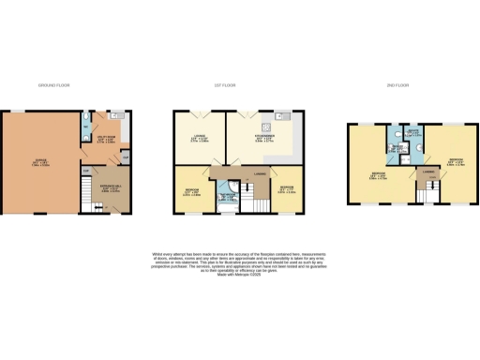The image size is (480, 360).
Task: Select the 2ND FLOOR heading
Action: [397, 85]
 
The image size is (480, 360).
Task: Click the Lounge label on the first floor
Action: [199, 142]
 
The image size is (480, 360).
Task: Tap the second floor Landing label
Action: [428, 172]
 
